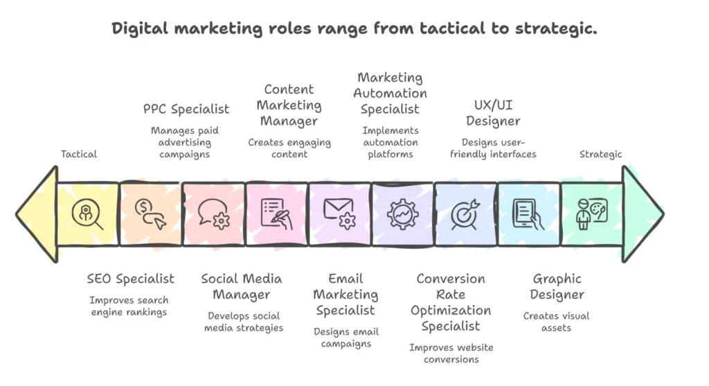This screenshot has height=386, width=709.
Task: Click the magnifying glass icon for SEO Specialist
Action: coord(88,214)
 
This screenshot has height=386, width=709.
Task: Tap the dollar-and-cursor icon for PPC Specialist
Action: coord(150,214)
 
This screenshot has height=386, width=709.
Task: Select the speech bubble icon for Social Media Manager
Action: coord(213,214)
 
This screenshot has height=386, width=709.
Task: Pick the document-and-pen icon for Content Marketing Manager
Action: coord(276,214)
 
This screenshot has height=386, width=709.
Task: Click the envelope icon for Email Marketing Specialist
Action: coord(339,213)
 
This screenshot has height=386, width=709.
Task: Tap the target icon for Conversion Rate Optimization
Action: coord(465,214)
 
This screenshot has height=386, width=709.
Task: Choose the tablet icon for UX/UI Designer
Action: coord(528,214)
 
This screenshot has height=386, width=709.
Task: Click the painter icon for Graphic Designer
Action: coord(591,214)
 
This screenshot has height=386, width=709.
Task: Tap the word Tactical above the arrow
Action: coord(79,154)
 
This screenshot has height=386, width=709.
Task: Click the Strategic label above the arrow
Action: coord(601,154)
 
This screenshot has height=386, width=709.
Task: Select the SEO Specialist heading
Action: coord(131,279)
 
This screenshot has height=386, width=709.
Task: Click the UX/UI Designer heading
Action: coord(493,113)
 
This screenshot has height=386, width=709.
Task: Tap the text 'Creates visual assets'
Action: coord(557,322)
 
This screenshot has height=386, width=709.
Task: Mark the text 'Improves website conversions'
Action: coord(451,353)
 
